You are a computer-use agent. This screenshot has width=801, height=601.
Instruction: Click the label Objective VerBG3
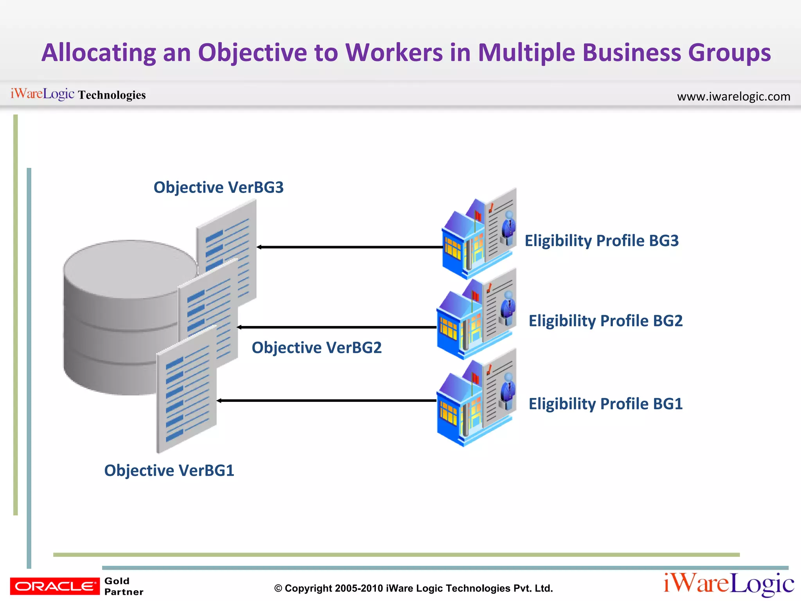tap(218, 187)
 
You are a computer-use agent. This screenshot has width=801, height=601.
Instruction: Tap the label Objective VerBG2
tap(316, 347)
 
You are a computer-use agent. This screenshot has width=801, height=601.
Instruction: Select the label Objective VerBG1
tap(169, 470)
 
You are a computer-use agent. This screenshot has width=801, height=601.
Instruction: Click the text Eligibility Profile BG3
tap(602, 241)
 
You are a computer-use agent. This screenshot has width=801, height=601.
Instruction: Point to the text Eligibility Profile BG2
tap(605, 321)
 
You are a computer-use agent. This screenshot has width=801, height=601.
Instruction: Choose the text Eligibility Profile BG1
tap(605, 404)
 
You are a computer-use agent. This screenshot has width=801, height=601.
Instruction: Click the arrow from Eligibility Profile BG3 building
tap(350, 247)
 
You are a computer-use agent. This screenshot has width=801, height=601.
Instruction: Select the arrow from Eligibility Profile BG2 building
tap(336, 327)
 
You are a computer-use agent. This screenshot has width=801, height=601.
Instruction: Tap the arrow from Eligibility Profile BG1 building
tap(327, 401)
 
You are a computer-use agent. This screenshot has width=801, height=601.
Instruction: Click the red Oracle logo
tap(55, 586)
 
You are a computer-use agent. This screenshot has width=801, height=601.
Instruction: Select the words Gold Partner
tap(124, 586)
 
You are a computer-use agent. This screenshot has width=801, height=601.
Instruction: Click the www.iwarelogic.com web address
tap(733, 96)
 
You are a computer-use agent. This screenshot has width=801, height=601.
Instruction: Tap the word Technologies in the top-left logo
tap(112, 95)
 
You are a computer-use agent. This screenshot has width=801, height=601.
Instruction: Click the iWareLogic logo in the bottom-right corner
tap(728, 584)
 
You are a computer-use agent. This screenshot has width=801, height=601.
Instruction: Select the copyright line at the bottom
tap(413, 588)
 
